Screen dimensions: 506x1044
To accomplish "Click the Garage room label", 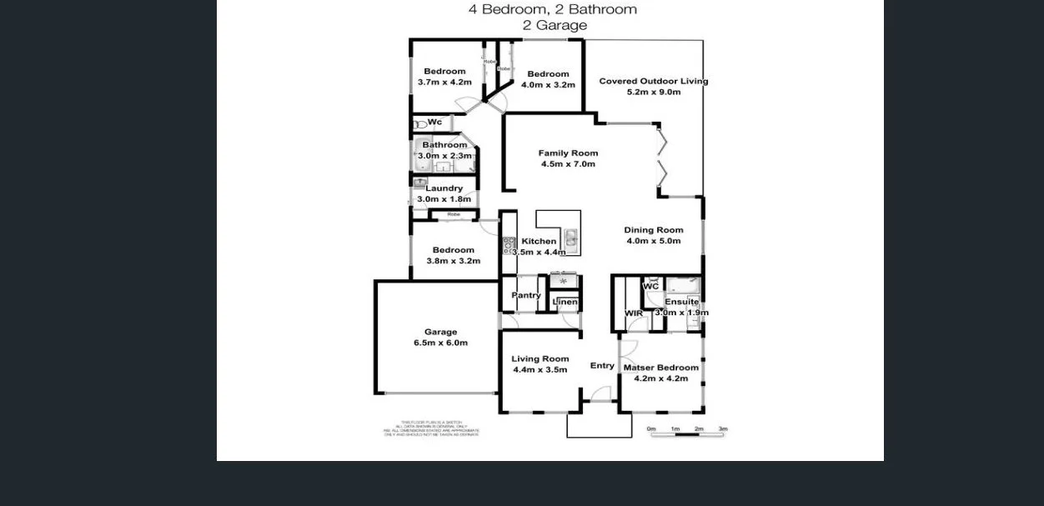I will click(x=440, y=332).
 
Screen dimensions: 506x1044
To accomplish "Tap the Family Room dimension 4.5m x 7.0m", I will click(x=568, y=164).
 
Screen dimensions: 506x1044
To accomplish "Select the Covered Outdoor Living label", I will click(x=653, y=81).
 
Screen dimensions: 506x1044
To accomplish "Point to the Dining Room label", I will click(x=654, y=230).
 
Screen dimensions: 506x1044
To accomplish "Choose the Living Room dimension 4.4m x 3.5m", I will click(x=540, y=370).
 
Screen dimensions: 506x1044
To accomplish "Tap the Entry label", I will click(x=602, y=365).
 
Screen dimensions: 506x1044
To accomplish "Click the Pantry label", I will click(x=525, y=295).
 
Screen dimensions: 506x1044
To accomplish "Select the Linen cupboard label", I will click(x=565, y=302).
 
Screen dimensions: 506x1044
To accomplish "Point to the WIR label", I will click(x=634, y=313).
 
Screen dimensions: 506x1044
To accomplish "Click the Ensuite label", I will click(x=681, y=302).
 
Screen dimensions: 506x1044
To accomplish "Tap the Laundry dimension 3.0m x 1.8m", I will click(x=444, y=199).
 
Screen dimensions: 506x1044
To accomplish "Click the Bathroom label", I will click(x=444, y=145).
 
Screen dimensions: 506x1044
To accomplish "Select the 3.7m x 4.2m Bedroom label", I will click(x=444, y=71).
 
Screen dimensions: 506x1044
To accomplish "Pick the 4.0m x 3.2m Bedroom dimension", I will click(x=548, y=85).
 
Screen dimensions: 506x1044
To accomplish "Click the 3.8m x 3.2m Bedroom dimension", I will click(x=453, y=261).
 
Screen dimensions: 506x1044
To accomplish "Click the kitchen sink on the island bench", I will click(x=571, y=240).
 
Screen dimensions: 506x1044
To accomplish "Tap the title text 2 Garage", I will click(x=555, y=25).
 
